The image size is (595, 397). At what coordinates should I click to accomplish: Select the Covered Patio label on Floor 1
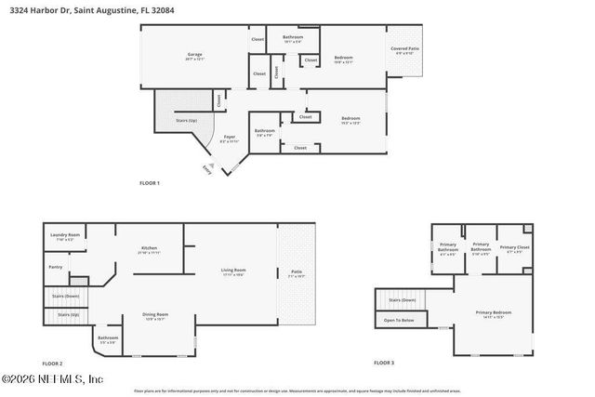[404, 50]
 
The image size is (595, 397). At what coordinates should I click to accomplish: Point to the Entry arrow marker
[211, 169]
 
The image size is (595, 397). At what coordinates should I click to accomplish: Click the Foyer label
[230, 138]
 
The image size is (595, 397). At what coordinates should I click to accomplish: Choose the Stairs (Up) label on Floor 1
[187, 121]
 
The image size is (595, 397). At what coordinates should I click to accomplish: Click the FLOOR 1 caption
[150, 183]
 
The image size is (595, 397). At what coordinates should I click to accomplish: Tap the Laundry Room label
[64, 237]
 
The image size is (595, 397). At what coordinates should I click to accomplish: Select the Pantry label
[56, 268]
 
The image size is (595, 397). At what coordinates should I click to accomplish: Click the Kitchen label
[149, 249]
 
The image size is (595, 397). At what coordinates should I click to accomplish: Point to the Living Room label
[232, 271]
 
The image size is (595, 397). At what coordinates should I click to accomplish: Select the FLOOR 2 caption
[53, 363]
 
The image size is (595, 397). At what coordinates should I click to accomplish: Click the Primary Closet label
[513, 248]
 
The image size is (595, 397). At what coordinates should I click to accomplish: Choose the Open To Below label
[401, 321]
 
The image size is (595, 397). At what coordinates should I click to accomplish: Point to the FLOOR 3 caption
[384, 363]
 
